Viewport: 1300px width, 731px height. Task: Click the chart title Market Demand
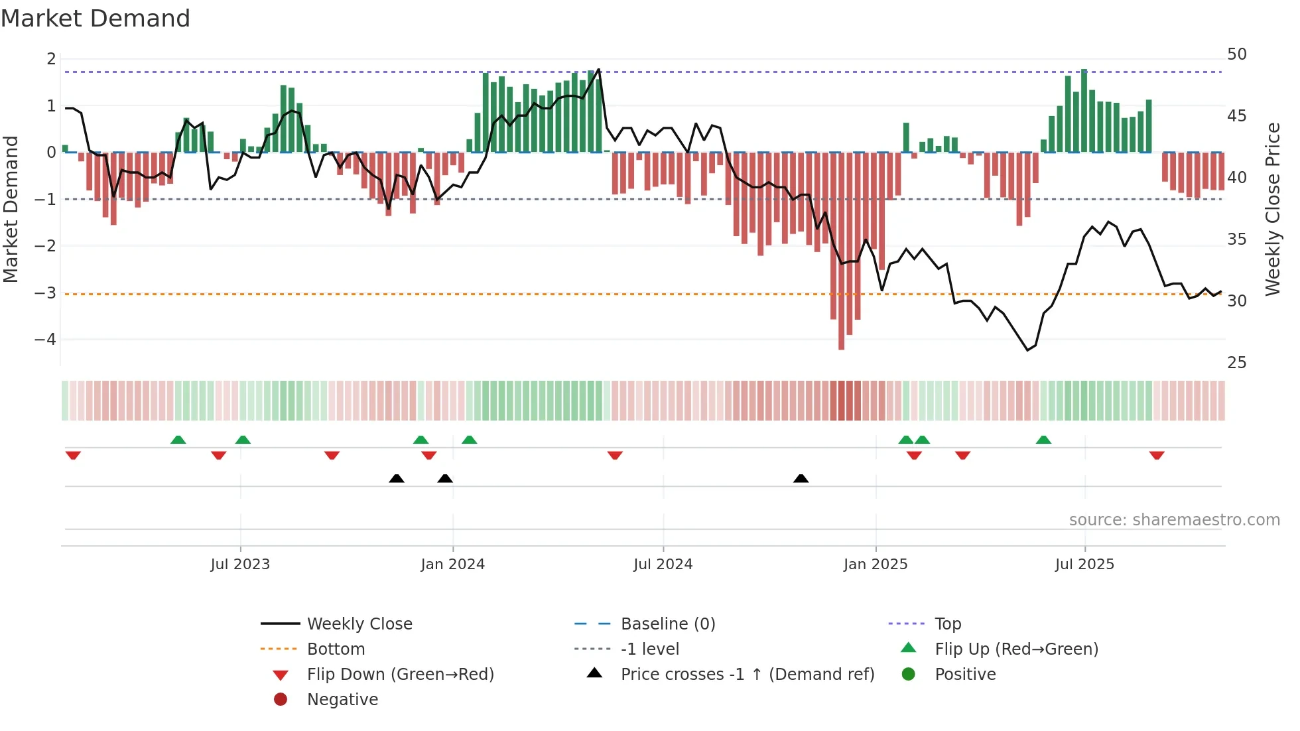coord(96,19)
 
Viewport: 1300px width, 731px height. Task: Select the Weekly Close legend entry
coord(359,624)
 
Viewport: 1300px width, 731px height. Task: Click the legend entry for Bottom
coord(336,649)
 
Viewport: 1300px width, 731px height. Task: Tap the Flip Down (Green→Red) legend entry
coord(400,674)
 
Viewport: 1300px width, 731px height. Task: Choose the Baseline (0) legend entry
coord(667,624)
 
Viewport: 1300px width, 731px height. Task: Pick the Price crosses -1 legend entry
coord(747,674)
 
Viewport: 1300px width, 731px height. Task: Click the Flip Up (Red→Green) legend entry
coord(1016,649)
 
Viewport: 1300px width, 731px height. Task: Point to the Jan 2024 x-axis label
coord(452,564)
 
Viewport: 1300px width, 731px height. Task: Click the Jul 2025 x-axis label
coord(1084,564)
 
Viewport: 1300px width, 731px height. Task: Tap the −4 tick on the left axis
coord(45,340)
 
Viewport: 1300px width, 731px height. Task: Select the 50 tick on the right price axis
coord(1236,54)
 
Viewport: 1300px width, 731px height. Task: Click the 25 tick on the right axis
coord(1236,363)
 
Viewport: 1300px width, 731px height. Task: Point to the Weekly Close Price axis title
coord(1272,209)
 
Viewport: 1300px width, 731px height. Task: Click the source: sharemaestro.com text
coord(1174,519)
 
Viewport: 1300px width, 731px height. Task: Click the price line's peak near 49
coord(599,69)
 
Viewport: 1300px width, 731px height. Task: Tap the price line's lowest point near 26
coord(1027,350)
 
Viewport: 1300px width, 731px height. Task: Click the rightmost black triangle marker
coord(801,478)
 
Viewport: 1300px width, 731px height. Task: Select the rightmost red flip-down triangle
coord(1157,455)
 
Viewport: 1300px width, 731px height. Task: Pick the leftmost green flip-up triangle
coord(178,440)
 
